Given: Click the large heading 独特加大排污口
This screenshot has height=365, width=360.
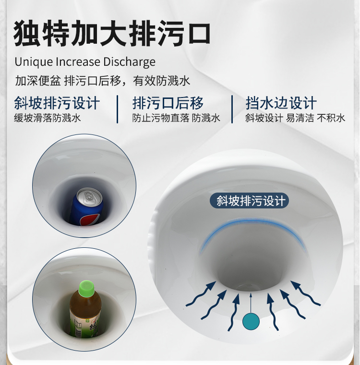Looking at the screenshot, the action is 112,33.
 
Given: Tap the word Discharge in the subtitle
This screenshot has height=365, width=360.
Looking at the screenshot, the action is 129,62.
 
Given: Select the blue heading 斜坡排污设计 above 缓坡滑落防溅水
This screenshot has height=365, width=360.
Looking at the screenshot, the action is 57,103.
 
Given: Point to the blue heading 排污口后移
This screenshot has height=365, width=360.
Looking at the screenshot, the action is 168,103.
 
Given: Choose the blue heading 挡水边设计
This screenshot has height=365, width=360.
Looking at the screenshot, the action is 281,103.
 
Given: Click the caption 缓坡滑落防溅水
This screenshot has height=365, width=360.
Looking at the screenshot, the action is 47,118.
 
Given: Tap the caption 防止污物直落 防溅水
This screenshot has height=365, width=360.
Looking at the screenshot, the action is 176,118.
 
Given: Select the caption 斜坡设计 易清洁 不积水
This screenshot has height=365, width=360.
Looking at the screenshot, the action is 295,118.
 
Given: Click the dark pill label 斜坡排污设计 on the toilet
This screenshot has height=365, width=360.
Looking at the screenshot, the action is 249,200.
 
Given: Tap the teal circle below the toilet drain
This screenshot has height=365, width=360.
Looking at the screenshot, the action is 251,321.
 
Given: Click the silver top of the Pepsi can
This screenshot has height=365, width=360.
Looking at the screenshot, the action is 89,196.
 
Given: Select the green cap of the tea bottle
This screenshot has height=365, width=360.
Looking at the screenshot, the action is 86,288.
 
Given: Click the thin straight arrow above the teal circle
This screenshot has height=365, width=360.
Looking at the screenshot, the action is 251,303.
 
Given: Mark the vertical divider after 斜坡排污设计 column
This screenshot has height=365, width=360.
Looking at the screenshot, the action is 117,109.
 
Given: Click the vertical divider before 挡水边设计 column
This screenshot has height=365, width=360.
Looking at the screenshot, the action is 232,109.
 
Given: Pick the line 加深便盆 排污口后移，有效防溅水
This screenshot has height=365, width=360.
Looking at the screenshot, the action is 103,81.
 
